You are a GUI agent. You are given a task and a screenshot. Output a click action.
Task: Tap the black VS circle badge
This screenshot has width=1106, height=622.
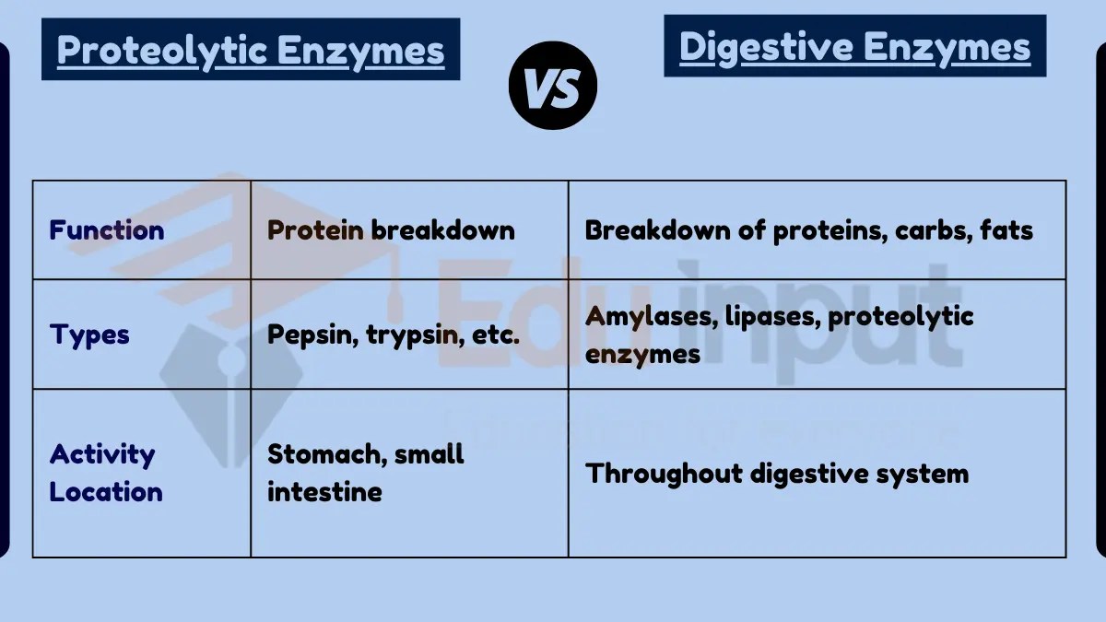(x=553, y=85)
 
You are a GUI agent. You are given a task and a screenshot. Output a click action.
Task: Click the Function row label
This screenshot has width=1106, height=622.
(x=106, y=229)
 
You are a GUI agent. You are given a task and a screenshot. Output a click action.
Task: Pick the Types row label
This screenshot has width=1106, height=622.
(x=89, y=334)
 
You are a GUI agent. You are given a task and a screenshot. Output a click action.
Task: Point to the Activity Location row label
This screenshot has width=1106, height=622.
(x=105, y=473)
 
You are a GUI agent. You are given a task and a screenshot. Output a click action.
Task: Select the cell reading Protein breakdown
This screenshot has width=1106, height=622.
(x=391, y=229)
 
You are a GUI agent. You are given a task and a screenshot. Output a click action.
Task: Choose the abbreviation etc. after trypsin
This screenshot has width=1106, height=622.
(x=495, y=334)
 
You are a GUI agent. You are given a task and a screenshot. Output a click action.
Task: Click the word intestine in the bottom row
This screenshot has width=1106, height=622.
(x=324, y=491)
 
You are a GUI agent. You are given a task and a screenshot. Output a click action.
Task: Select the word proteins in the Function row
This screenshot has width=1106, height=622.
(x=821, y=229)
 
